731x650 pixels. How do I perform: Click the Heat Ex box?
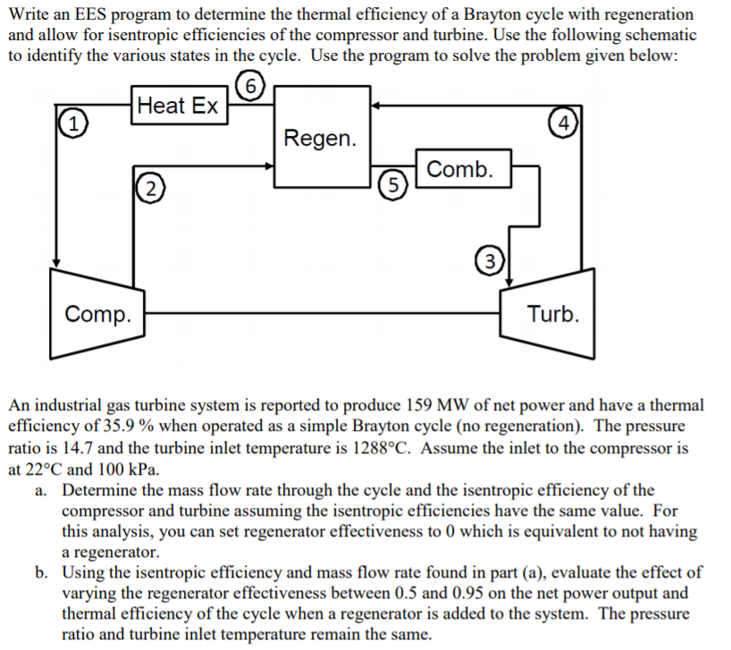point(179,106)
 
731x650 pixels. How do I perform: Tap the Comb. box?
point(459,169)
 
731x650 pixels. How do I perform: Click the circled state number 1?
point(71,123)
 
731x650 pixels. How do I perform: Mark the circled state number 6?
point(253,87)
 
